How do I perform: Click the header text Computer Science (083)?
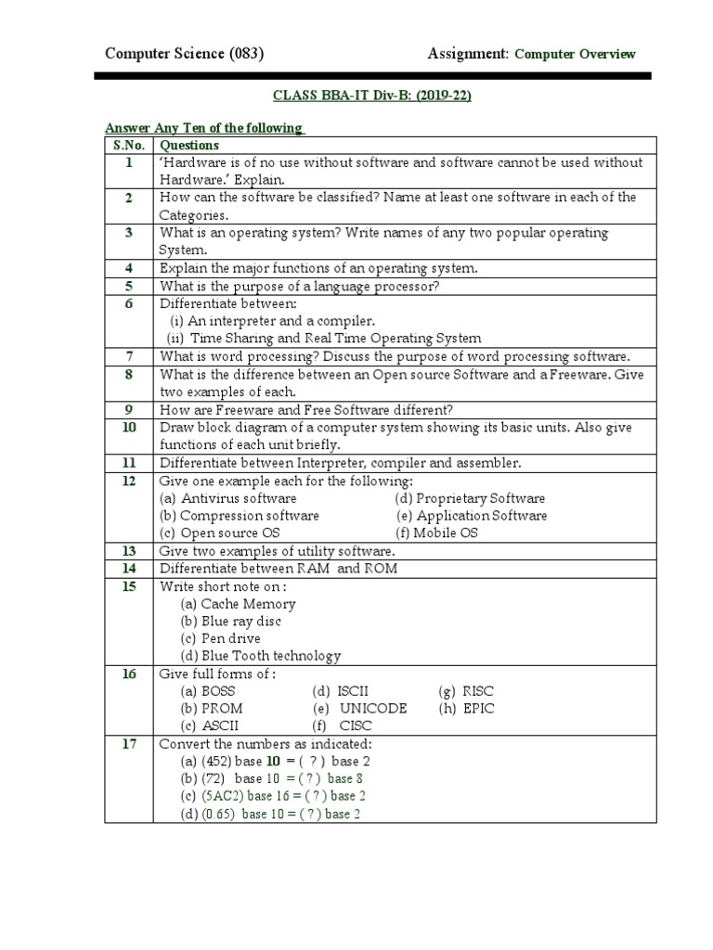tap(185, 54)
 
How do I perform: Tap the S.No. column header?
tap(129, 145)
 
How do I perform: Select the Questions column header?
tap(189, 145)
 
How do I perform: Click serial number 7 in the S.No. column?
tap(129, 356)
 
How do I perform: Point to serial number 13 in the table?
tap(129, 551)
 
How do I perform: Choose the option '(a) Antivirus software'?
tap(227, 498)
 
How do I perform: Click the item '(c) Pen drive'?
tap(220, 638)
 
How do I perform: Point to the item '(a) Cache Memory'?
tap(236, 604)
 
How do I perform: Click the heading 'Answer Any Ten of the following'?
tap(204, 128)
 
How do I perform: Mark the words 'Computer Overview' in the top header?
tap(575, 54)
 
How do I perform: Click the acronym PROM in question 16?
tap(219, 709)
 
